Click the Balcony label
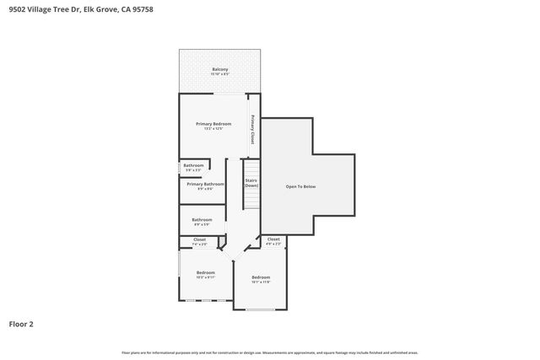coord(219,68)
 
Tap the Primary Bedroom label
coord(213,124)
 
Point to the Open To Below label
coord(301,185)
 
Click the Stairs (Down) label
coord(251,182)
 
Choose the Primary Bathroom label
coord(205,184)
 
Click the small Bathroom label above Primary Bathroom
coord(193,165)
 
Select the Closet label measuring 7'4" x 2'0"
coord(199,239)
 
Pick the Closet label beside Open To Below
coord(273,239)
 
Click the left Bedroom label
coord(206,272)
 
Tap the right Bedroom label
coord(261,277)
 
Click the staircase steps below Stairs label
coord(251,201)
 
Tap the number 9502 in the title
coord(16,9)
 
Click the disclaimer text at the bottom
coord(270,352)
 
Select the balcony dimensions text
coord(219,74)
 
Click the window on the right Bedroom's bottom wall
coord(261,309)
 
